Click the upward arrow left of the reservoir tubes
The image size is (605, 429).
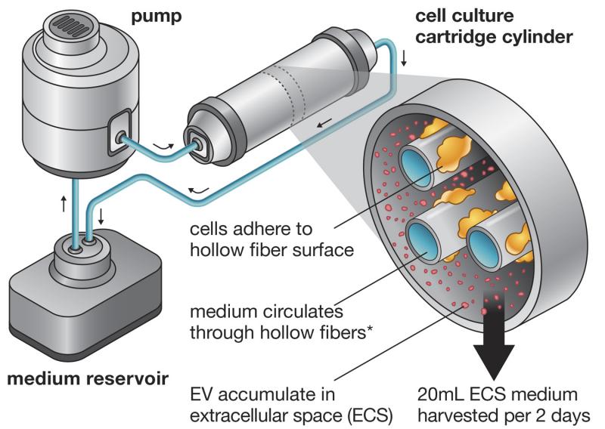64,203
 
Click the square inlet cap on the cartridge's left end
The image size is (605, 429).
200,141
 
